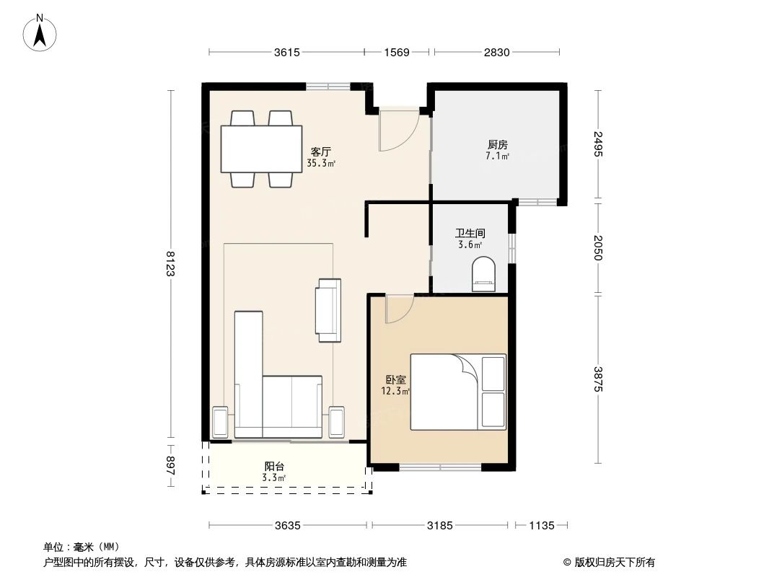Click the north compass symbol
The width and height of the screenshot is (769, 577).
[41, 32]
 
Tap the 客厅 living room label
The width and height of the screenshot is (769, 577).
[321, 152]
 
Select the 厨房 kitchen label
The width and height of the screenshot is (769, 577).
[498, 144]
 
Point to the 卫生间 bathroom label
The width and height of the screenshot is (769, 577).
[469, 234]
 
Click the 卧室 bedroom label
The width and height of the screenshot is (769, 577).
[395, 379]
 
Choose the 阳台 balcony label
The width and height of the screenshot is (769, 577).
[274, 466]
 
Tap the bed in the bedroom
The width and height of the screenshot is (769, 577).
[458, 392]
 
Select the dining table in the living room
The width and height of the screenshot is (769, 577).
[261, 149]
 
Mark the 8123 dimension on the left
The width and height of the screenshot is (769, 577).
[170, 263]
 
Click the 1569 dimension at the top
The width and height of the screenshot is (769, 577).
[396, 52]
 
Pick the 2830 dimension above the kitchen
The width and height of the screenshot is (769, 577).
[496, 52]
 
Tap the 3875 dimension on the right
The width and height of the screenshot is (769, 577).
[598, 379]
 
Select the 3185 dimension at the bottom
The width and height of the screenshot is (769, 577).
[439, 526]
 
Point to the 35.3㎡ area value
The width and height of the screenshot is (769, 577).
[321, 164]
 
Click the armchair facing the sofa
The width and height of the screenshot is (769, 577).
[328, 310]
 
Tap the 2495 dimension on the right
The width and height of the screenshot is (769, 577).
[598, 144]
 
